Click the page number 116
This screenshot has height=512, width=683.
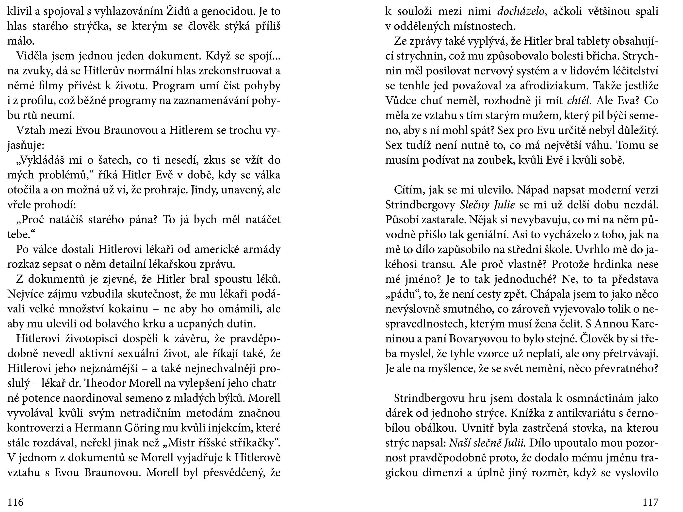coord(16,502)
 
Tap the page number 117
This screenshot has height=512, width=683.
coord(650,502)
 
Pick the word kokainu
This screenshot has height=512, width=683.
coord(127,309)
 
